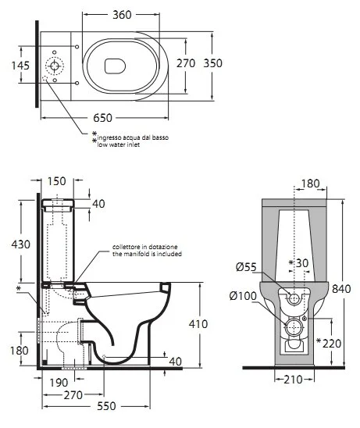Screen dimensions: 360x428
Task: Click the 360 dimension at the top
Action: coord(122,15)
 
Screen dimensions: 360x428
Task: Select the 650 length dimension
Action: coord(102,118)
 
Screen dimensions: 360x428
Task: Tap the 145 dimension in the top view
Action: coord(20,66)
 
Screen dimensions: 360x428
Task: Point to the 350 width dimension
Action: coord(213,63)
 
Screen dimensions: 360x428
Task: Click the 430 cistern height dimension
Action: coord(21,244)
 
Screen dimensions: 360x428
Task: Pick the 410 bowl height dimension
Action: coord(198,324)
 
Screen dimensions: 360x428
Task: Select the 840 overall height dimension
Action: coord(341,288)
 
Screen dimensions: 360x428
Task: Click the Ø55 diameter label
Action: coord(246,267)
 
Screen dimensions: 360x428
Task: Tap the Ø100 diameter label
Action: coord(243,295)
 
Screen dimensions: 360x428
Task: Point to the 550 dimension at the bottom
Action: coord(107,406)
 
